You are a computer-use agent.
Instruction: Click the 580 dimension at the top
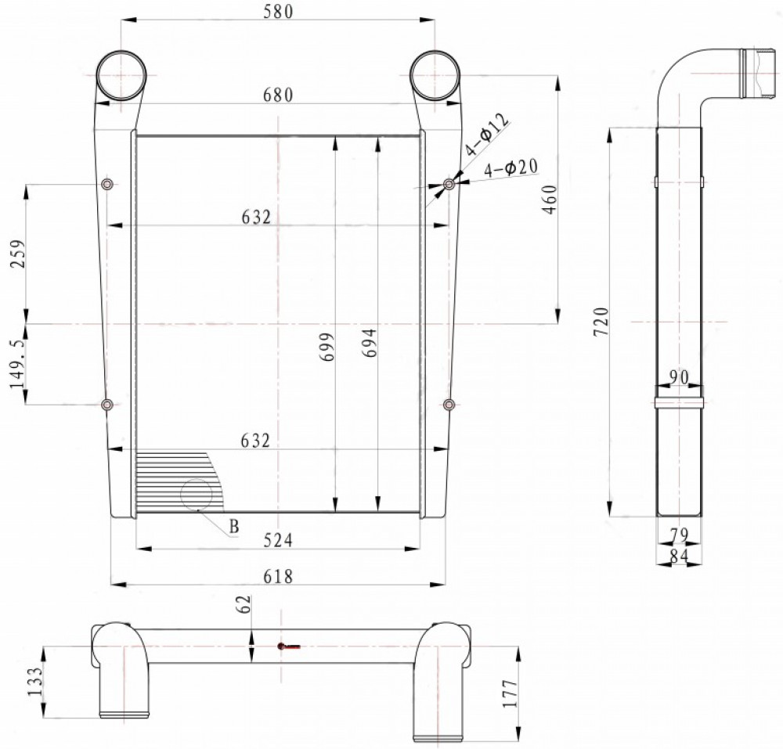278,11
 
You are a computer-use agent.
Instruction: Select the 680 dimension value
278,95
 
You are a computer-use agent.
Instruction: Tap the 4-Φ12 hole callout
487,134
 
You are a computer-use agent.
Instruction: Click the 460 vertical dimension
550,200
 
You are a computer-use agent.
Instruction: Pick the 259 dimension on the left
18,254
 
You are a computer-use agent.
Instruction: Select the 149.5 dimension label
18,358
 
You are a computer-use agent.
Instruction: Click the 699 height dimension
327,347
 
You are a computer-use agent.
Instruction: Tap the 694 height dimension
370,343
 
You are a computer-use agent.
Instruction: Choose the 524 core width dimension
278,540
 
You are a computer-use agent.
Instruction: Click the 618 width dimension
278,576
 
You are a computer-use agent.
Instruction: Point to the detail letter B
233,527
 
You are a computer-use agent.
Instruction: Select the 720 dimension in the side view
602,322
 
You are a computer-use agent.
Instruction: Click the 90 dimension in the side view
679,378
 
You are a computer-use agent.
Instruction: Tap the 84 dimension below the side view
679,556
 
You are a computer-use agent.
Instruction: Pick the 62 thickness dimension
244,605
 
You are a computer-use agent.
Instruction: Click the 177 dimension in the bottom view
511,693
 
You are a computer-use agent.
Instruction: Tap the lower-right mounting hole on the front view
449,404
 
